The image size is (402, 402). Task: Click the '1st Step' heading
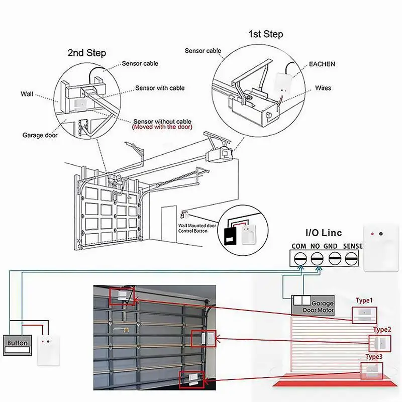pyautogui.click(x=265, y=34)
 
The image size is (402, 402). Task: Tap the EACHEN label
pyautogui.click(x=322, y=64)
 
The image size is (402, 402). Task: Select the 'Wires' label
pyautogui.click(x=324, y=88)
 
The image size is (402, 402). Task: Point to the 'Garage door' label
pyautogui.click(x=40, y=135)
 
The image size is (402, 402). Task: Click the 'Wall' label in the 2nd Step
pyautogui.click(x=27, y=93)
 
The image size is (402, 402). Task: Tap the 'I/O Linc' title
pyautogui.click(x=324, y=233)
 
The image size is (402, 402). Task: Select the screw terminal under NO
pyautogui.click(x=317, y=258)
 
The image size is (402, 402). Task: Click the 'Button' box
pyautogui.click(x=18, y=344)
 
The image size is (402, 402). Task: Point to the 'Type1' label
pyautogui.click(x=364, y=300)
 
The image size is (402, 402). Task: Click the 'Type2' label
pyautogui.click(x=381, y=330)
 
